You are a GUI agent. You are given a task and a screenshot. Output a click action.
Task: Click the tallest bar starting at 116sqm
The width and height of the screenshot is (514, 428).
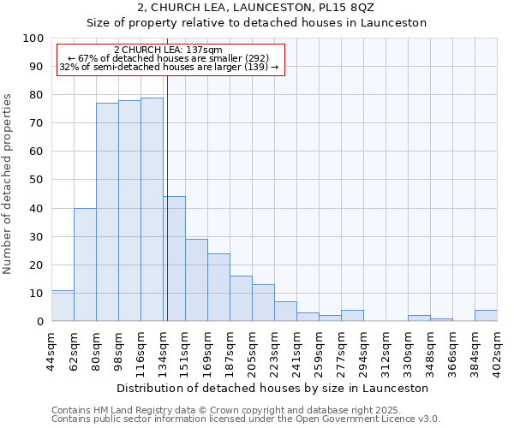click(152, 210)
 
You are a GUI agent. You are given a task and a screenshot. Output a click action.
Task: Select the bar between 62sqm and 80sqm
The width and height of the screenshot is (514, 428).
click(85, 265)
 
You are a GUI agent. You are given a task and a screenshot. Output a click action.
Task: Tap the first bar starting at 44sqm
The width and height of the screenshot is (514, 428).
click(63, 306)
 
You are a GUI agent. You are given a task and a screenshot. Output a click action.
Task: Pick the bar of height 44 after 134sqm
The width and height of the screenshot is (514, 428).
click(175, 259)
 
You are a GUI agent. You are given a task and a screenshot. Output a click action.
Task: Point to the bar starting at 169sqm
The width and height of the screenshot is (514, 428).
click(218, 288)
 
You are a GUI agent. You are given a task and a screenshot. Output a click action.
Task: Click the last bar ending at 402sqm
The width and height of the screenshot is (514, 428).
click(486, 316)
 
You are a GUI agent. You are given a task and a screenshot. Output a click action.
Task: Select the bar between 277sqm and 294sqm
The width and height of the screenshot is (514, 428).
click(352, 316)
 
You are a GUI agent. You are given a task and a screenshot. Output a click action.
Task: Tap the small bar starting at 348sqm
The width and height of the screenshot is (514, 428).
click(441, 319)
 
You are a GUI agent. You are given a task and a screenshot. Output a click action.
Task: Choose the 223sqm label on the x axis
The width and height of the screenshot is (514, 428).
click(275, 351)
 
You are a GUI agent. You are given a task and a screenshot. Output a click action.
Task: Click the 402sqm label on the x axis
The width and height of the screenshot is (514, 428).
click(498, 351)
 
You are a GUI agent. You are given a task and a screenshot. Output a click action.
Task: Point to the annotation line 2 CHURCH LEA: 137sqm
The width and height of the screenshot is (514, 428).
click(168, 51)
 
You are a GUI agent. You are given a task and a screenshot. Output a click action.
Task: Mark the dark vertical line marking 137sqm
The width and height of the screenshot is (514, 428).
click(167, 197)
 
